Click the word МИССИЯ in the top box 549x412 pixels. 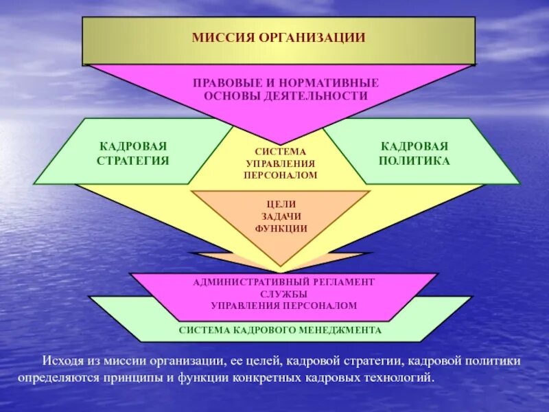tap(222, 37)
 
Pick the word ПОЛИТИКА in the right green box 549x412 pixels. tap(414, 160)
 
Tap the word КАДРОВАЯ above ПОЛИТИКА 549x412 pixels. tap(414, 146)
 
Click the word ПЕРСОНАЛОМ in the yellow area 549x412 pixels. tap(280, 175)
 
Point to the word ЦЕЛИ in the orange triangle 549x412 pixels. tap(280, 204)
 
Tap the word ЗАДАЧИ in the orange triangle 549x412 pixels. tap(280, 216)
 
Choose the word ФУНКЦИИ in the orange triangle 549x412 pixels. tap(280, 228)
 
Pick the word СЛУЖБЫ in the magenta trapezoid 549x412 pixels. tap(283, 293)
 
